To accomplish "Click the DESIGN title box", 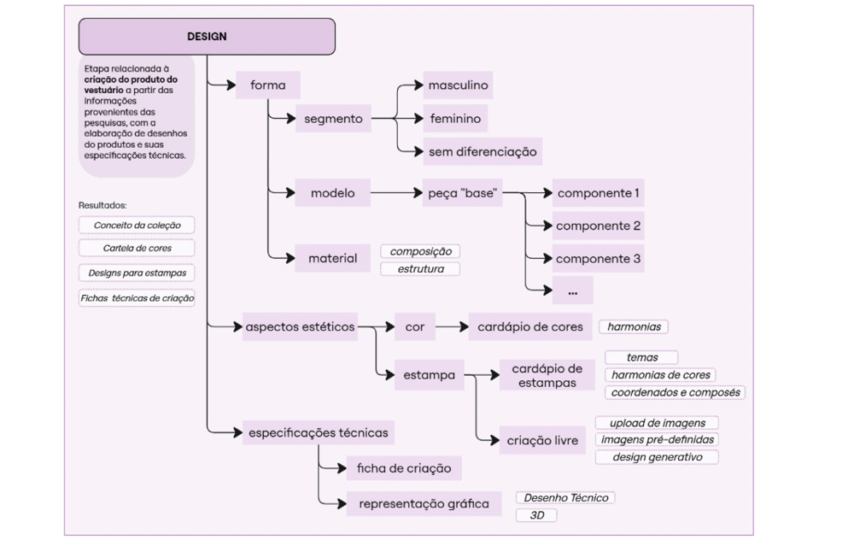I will point(207,37).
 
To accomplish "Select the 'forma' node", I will point(267,85).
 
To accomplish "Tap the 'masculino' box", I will point(458,85).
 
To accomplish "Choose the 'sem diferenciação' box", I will point(483,152).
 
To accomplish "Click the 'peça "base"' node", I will point(461,193).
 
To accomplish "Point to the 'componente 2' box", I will point(598,226).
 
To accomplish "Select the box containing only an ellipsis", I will point(572,291).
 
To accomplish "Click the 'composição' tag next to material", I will point(420,252).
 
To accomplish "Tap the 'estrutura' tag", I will point(420,269).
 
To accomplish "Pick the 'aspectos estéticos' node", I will point(299,326).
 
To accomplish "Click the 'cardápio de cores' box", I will point(529,326).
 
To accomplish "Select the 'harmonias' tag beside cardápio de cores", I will point(634,326).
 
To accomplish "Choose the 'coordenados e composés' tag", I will point(676,392).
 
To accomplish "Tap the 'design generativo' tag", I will point(657,457).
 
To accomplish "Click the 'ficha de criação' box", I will point(403,467).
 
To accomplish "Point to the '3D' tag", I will point(536,515).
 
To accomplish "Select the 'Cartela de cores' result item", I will point(137,248).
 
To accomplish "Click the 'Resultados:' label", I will point(102,205).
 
